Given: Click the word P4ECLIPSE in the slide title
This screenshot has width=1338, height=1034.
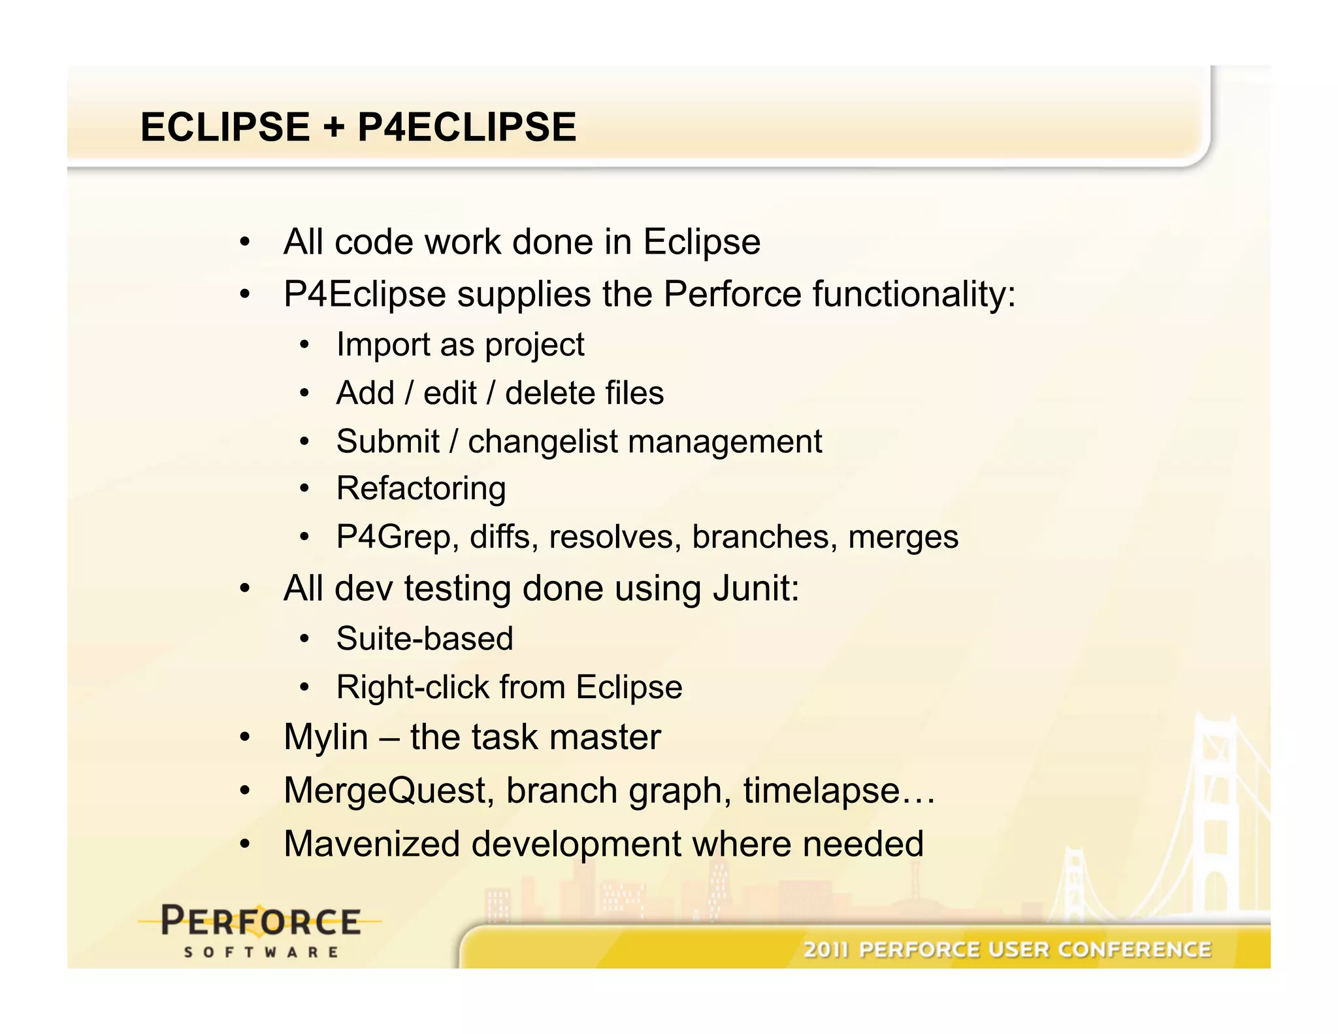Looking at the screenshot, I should [466, 127].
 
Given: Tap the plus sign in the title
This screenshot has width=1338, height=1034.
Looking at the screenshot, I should [333, 127].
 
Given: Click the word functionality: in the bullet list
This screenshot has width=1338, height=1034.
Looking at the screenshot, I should [915, 294].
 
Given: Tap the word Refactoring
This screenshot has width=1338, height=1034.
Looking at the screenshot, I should [421, 489].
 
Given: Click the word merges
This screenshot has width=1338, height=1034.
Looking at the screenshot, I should [903, 537].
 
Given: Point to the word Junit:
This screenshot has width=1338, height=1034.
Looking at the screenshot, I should [756, 588].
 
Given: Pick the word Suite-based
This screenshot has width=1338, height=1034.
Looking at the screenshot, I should [425, 639].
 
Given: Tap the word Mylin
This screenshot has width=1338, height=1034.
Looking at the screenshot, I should [326, 737].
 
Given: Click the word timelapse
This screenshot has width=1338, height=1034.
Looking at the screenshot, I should [822, 791].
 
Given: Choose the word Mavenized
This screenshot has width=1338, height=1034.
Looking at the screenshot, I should [372, 844].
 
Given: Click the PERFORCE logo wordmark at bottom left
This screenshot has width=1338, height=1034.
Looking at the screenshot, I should [261, 922].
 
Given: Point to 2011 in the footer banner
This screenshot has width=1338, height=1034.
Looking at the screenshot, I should [826, 950].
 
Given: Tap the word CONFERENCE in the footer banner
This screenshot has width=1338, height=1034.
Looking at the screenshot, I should [1135, 950].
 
